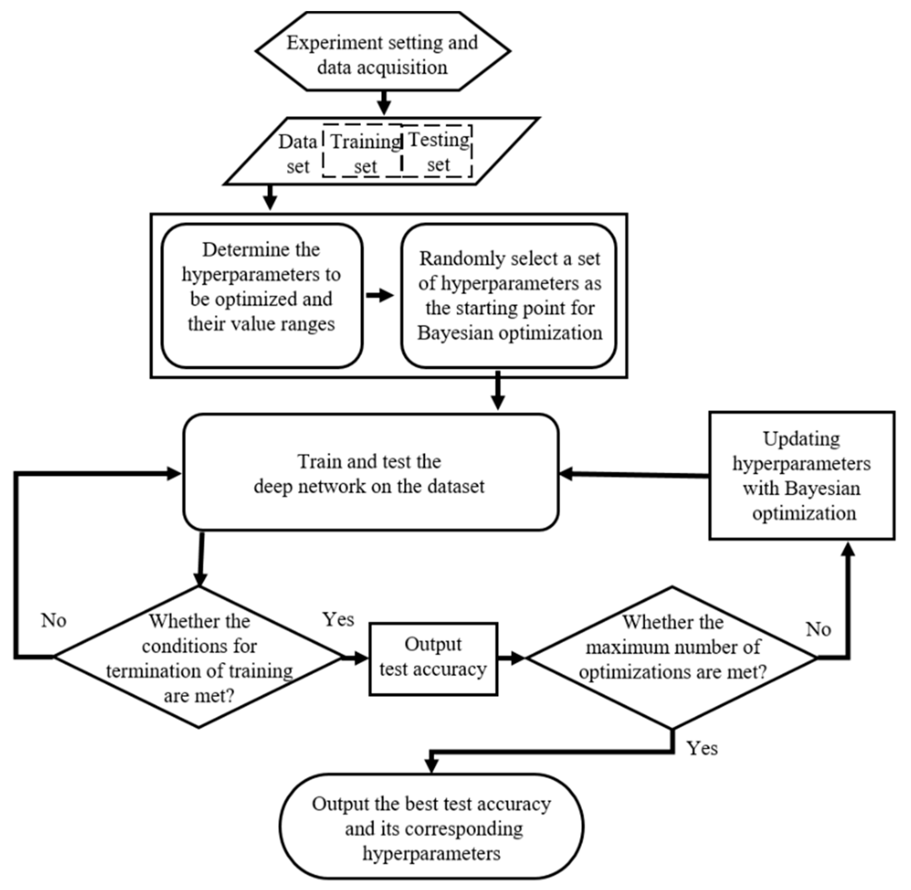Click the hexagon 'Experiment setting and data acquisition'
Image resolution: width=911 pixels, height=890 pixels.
[382, 51]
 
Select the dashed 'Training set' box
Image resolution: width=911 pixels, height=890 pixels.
[363, 151]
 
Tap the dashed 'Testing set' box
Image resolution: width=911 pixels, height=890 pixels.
[438, 151]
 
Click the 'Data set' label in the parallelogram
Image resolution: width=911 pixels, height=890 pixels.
[298, 153]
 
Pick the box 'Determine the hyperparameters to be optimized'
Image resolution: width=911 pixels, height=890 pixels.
[262, 296]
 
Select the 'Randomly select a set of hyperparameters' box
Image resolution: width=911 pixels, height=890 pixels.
[509, 296]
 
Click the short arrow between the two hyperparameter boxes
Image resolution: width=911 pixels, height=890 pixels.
[380, 295]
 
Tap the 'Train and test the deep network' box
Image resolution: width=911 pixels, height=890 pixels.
[371, 472]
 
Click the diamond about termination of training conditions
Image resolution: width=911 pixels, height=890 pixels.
[199, 657]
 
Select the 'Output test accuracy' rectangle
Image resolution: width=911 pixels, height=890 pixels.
[433, 658]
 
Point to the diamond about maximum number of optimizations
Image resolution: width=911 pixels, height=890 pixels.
[672, 657]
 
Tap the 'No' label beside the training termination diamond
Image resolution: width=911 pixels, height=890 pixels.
[54, 621]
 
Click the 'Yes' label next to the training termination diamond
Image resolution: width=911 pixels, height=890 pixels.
[338, 620]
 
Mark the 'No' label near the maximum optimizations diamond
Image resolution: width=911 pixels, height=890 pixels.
[818, 629]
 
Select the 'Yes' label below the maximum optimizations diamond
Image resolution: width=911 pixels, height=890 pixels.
[701, 748]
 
